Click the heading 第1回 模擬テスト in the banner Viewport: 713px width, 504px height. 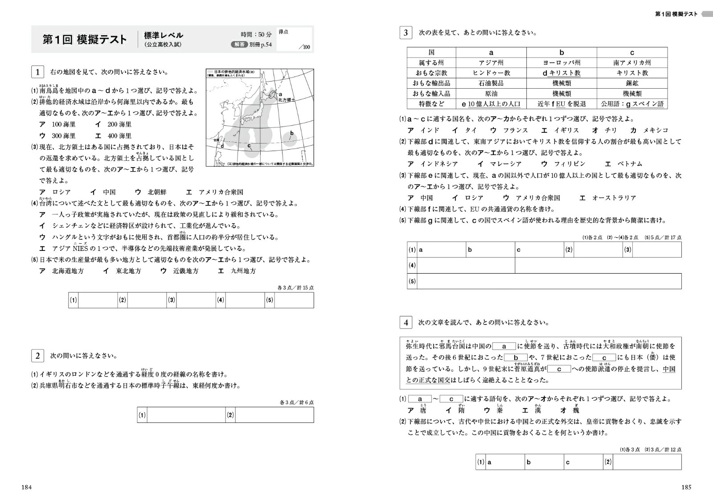(x=85, y=39)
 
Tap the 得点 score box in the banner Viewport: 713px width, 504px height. (x=294, y=39)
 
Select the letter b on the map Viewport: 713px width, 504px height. (x=292, y=133)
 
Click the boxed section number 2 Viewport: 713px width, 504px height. (x=37, y=356)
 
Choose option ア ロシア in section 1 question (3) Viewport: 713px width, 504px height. (x=56, y=192)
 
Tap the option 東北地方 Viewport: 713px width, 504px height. (x=123, y=271)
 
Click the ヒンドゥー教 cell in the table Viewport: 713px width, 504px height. (x=491, y=73)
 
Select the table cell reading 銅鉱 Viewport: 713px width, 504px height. (x=632, y=83)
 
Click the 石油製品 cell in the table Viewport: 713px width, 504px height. (x=491, y=83)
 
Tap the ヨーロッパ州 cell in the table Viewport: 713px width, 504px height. (x=561, y=63)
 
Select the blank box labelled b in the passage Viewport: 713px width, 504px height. (x=516, y=357)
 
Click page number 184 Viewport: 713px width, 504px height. (x=27, y=488)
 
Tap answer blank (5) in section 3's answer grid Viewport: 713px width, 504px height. (x=549, y=281)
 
